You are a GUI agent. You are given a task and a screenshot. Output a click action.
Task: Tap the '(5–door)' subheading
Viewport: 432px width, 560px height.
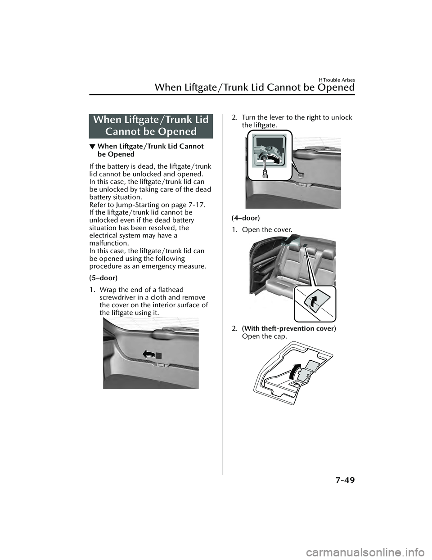coord(103,278)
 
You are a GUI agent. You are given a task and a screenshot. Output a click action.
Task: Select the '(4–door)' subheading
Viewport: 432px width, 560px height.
coord(246,218)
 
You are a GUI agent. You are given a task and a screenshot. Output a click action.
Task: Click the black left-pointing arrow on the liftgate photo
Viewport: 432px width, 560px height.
coord(148,354)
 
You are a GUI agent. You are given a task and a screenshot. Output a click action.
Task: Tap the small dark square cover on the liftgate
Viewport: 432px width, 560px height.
coord(159,356)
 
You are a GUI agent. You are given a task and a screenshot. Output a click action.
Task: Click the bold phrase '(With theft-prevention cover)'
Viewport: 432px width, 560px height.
coord(289,328)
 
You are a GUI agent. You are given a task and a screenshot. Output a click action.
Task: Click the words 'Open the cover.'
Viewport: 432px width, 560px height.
coord(267,229)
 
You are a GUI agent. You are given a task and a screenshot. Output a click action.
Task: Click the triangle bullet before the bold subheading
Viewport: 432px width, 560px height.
coord(92,147)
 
